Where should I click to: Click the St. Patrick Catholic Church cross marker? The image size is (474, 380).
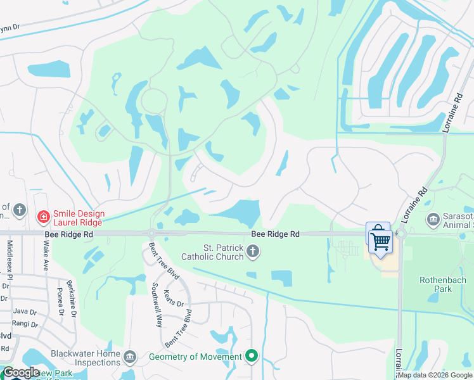coord(253,253)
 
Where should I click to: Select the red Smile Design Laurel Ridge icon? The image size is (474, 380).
coord(43,218)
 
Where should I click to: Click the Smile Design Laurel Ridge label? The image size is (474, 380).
coord(79,218)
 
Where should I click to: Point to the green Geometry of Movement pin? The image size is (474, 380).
coord(252,357)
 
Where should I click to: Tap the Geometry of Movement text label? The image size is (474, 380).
coord(195,357)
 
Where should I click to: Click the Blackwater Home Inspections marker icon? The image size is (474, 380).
coord(131,358)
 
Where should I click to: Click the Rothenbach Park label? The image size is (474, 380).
coord(443,284)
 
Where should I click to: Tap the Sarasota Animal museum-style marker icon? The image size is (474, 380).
coord(433,220)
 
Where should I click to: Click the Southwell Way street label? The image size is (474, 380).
coord(155,304)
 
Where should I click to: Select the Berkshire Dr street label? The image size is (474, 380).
coord(72,298)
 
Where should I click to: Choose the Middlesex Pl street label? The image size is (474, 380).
coord(10,260)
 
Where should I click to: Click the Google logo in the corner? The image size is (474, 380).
coord(21,372)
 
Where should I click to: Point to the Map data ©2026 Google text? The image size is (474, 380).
coord(434,375)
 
